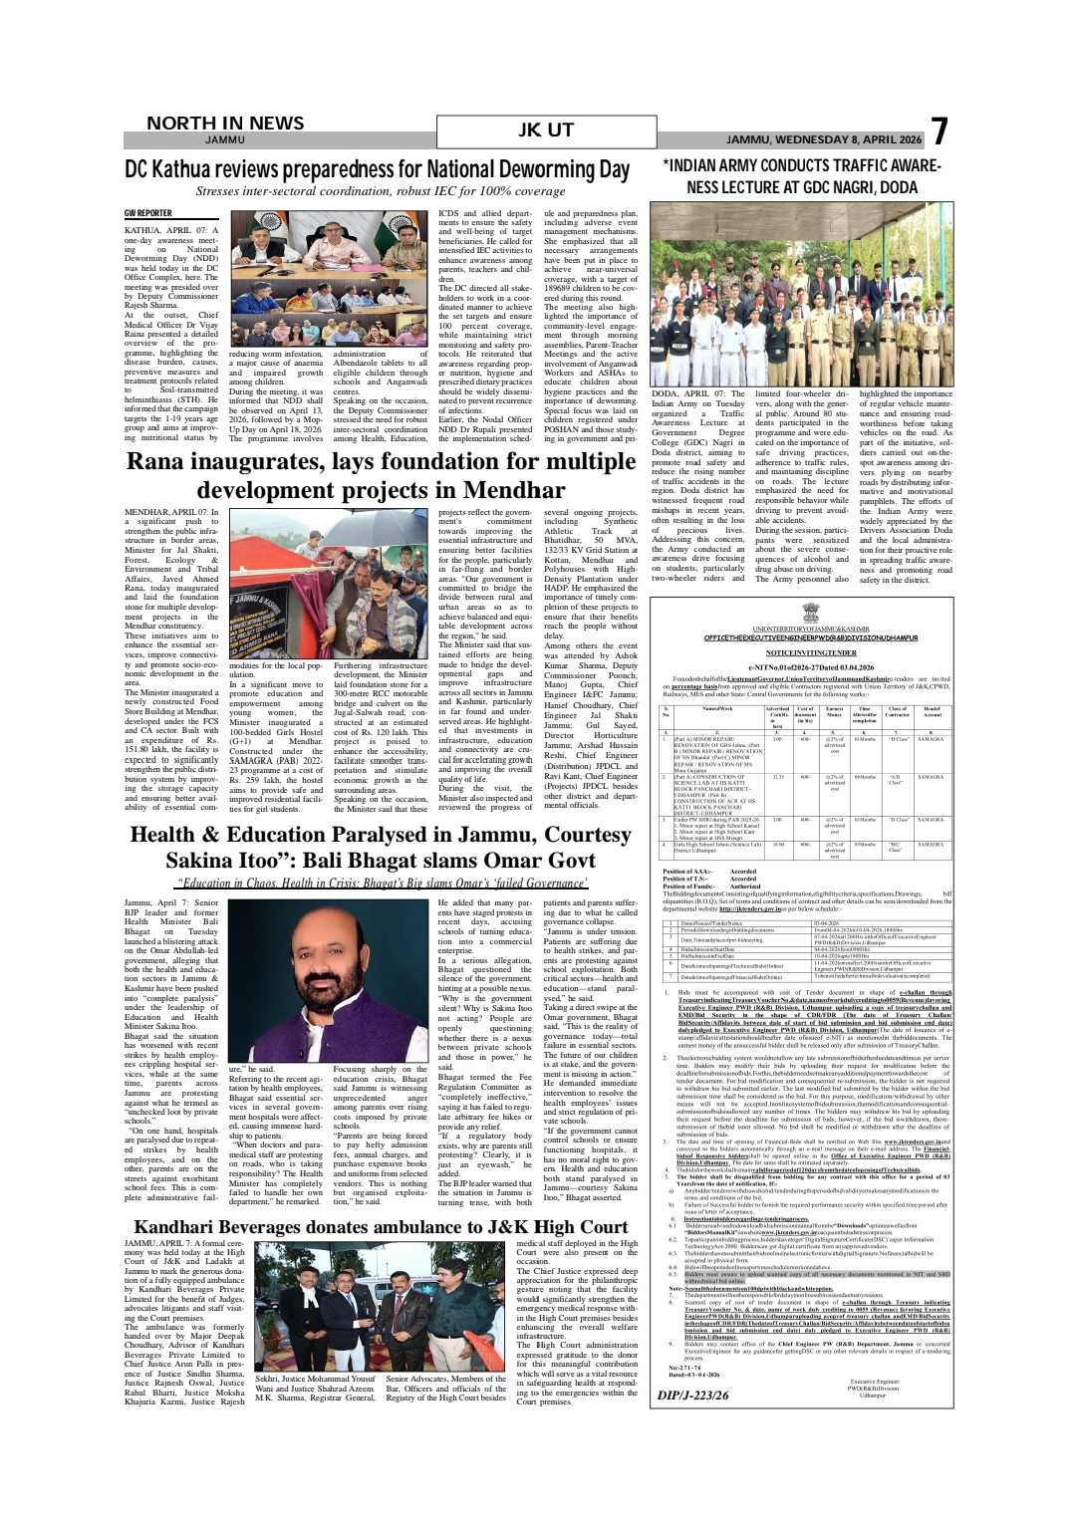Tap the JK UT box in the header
[x=546, y=131]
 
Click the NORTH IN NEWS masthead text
[x=225, y=124]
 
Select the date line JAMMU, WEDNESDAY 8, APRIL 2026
[x=824, y=139]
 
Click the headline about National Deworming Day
[x=378, y=169]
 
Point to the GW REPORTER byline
[x=148, y=213]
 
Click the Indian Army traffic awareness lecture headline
[x=801, y=175]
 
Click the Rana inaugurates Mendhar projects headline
[x=381, y=476]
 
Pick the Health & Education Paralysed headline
[x=381, y=847]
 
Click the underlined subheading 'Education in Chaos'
[x=381, y=884]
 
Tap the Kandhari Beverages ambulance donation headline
[x=381, y=1227]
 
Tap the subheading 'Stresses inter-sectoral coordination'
[x=381, y=191]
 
